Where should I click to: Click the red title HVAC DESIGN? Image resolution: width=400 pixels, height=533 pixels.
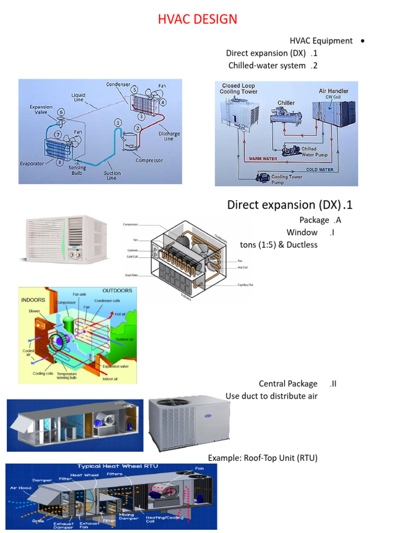(x=197, y=20)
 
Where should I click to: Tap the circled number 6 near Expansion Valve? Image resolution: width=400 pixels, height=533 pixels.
(x=61, y=112)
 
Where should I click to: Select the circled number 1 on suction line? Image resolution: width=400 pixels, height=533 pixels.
(x=118, y=123)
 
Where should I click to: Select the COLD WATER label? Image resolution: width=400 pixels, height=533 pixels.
(x=319, y=169)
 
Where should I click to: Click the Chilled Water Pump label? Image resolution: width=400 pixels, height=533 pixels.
(x=316, y=151)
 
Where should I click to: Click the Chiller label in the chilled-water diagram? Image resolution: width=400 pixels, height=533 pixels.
(x=286, y=103)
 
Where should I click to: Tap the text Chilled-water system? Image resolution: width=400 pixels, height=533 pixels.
(x=267, y=66)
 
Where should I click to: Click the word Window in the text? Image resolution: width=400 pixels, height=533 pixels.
(x=302, y=232)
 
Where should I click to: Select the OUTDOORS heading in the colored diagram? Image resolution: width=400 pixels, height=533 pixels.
(x=117, y=290)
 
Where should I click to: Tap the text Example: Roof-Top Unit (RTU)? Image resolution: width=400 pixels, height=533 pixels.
(x=262, y=458)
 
